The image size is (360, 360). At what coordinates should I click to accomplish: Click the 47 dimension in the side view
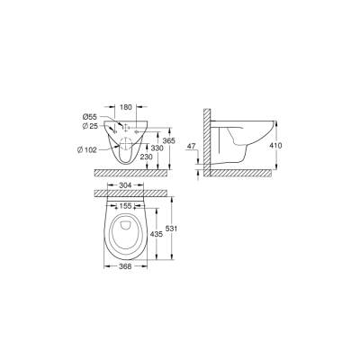coord(191,144)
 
